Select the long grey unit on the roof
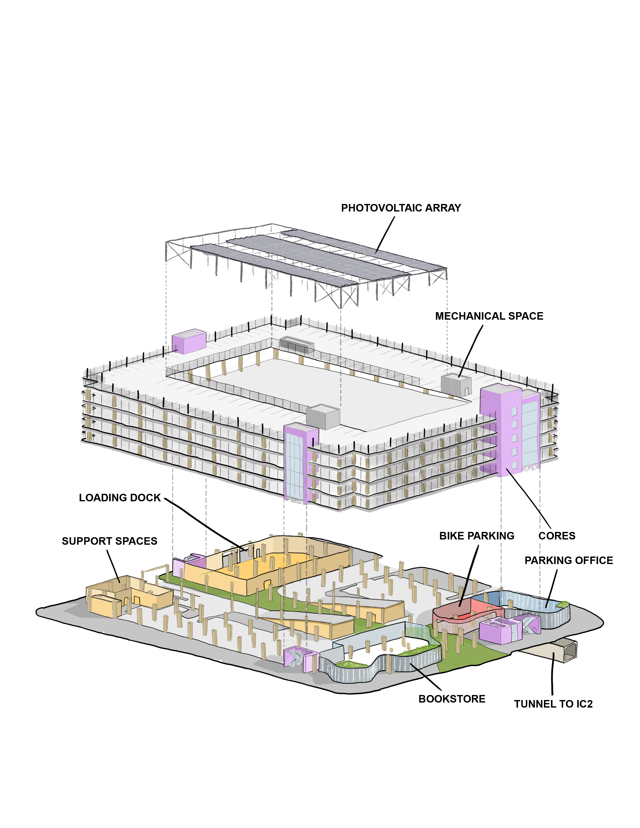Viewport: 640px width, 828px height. (297, 344)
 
